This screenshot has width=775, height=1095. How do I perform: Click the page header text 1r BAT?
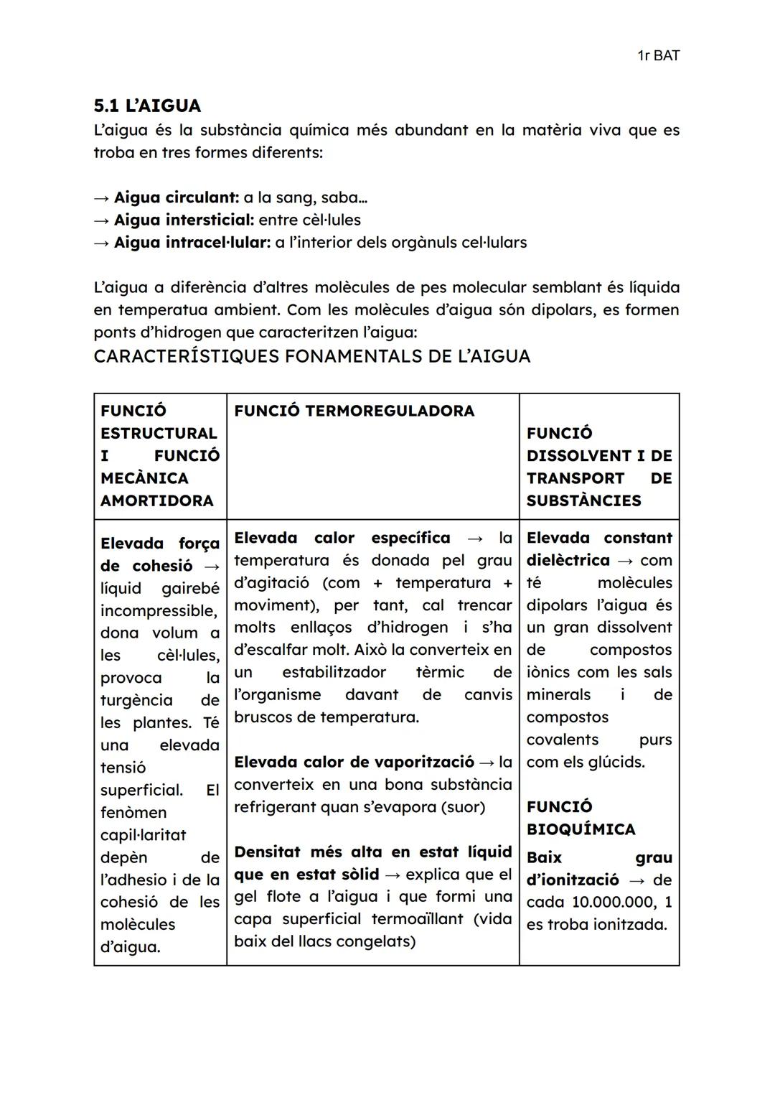pos(658,55)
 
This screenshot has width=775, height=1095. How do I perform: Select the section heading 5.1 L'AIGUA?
pos(147,106)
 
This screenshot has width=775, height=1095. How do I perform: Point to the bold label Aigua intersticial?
pos(184,220)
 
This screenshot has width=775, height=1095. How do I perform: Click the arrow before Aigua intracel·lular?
pos(102,243)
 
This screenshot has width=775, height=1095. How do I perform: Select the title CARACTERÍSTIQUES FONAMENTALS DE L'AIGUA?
pos(312,356)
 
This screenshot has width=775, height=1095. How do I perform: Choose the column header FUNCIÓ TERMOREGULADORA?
pos(354,411)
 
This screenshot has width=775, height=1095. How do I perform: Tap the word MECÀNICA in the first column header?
pos(144,478)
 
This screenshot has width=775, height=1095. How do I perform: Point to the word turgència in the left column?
pos(136,700)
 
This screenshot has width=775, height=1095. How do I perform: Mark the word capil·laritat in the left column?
pos(143,835)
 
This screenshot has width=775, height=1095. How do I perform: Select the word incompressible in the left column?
pos(158,610)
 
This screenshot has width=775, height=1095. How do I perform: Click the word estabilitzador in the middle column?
pos(334,673)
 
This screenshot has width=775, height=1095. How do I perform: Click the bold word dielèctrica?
pos(568,560)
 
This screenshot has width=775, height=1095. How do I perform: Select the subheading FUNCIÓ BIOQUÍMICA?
pos(581,818)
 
